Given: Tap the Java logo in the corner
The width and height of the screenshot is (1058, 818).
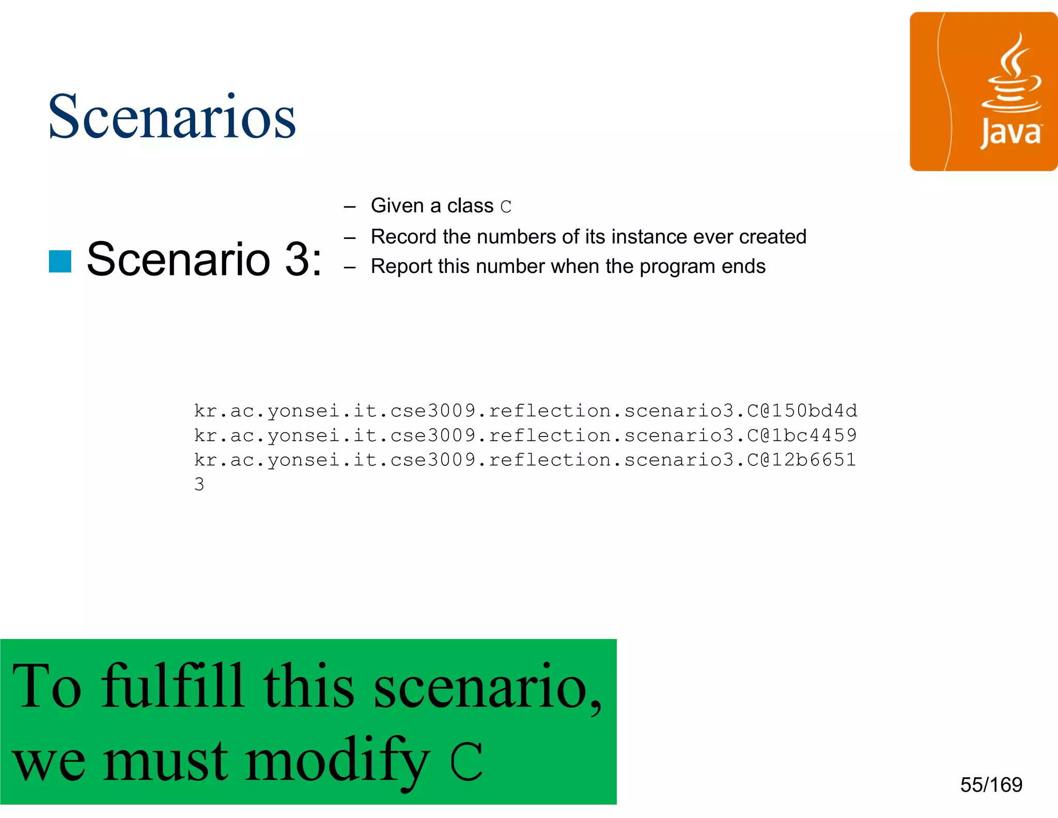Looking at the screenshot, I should pos(983,92).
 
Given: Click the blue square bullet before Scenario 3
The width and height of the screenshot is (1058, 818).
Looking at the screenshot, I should pos(60,261).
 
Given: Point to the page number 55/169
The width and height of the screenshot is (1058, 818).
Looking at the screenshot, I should pos(991,785).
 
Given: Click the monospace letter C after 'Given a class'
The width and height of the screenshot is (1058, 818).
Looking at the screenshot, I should pos(506,207).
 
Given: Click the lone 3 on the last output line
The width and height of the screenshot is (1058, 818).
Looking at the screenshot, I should pos(199,484).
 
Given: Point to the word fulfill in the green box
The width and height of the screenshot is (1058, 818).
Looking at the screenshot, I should pos(172,686).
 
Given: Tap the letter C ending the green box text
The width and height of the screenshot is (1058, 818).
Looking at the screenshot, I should pos(466,761).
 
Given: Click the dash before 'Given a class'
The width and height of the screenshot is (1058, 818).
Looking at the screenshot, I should pos(350,207).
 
